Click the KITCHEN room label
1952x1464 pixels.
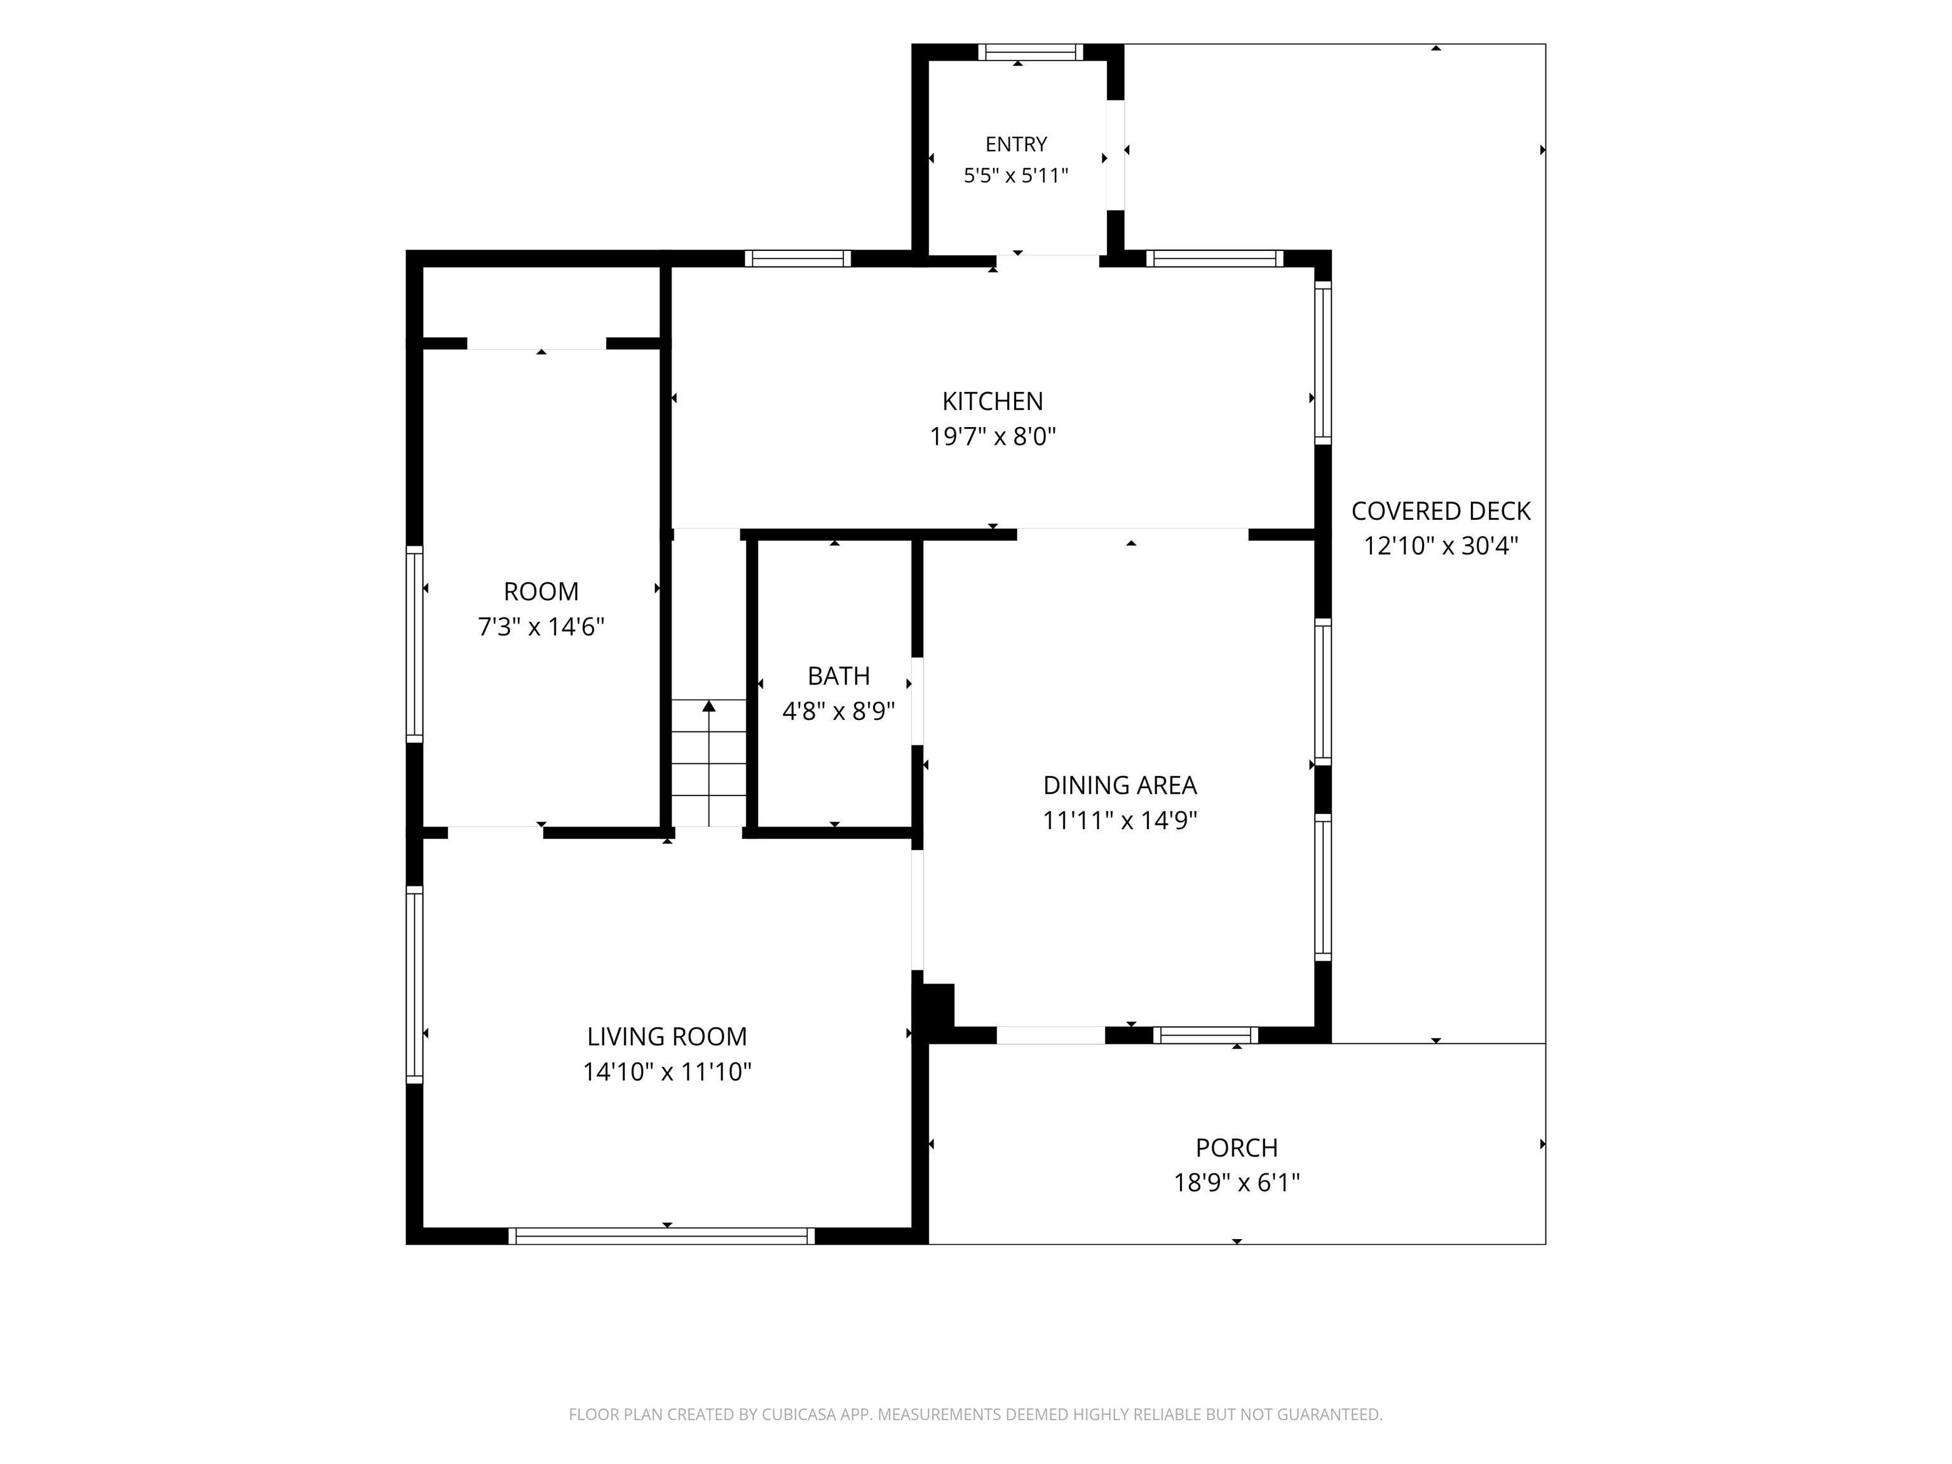tap(992, 402)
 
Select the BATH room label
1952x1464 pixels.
tap(838, 676)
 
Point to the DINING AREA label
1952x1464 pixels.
tap(1120, 785)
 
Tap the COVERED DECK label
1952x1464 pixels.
tap(1440, 511)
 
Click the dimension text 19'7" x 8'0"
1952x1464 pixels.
tap(993, 437)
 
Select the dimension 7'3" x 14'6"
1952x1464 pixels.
tap(541, 627)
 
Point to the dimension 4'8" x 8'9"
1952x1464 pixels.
tap(838, 711)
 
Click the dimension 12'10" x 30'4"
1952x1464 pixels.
tap(1440, 546)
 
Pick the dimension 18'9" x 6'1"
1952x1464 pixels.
tap(1237, 1183)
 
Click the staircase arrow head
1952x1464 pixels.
tap(708, 705)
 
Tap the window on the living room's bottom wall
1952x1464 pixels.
tap(662, 1237)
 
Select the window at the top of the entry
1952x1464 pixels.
tap(1031, 52)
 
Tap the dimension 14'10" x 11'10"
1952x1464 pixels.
tap(667, 1072)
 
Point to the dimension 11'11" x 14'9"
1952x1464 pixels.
tap(1120, 821)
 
